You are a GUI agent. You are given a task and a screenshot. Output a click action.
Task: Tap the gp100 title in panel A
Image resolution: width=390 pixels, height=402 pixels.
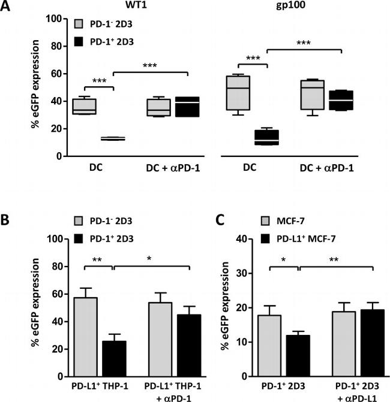[288, 7]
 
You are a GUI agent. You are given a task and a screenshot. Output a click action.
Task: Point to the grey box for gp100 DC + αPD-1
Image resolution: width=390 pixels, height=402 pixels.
[311, 95]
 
